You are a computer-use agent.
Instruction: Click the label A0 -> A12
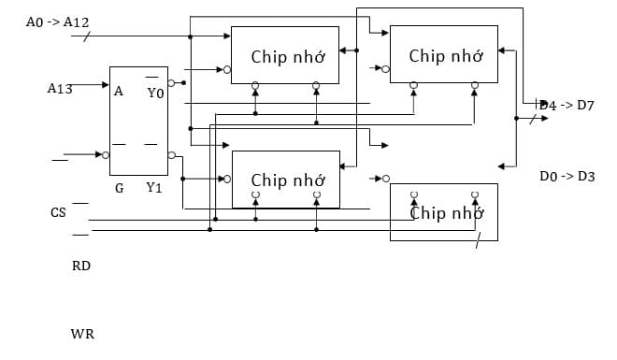tap(57, 21)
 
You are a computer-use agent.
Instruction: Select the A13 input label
tap(60, 89)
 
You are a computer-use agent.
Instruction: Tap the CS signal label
tap(58, 213)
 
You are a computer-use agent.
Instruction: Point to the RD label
tap(81, 266)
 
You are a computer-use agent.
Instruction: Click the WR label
tap(82, 334)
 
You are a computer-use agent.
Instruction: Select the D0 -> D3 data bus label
tap(567, 176)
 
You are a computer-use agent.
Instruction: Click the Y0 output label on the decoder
tap(155, 93)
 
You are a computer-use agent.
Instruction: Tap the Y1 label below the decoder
tap(155, 188)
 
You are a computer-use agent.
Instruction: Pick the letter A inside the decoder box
tap(119, 92)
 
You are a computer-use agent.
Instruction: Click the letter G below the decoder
tap(120, 188)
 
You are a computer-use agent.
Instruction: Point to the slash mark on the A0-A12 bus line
tap(87, 36)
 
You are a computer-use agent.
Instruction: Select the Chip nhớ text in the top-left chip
tap(288, 57)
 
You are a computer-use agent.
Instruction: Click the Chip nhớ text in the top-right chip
tap(446, 56)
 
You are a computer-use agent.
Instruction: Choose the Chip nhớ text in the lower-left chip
tap(288, 180)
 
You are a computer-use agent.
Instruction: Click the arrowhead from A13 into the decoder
tap(105, 85)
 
